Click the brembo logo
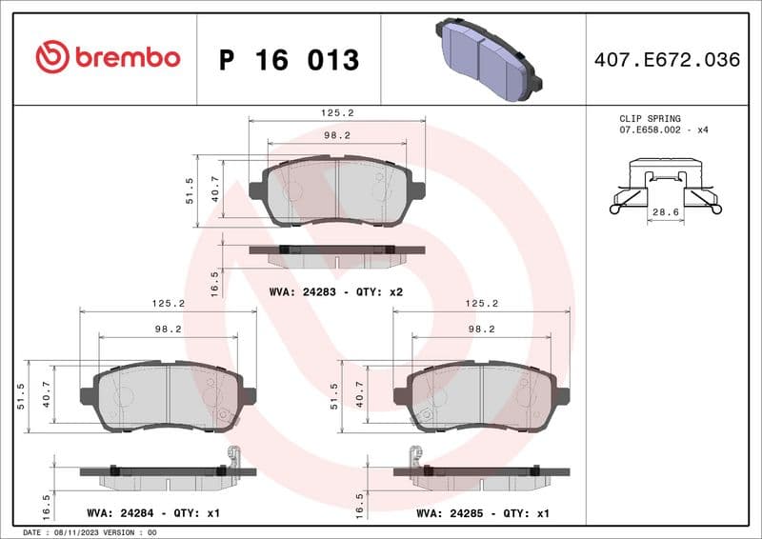click(107, 57)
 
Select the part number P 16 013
click(289, 60)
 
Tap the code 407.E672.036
click(666, 60)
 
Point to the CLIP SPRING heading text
click(650, 118)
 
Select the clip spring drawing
click(665, 186)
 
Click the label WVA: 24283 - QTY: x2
click(336, 291)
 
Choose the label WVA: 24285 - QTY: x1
click(483, 513)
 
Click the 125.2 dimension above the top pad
click(336, 112)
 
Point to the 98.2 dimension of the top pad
click(336, 135)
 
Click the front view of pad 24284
click(168, 397)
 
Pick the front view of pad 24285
click(482, 397)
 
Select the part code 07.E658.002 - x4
click(664, 129)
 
